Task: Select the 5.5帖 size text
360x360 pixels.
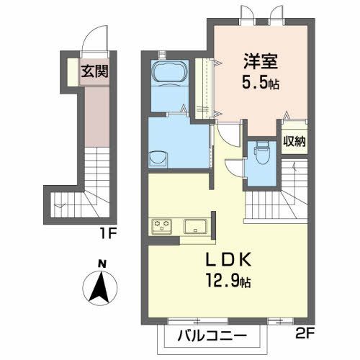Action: click(x=261, y=83)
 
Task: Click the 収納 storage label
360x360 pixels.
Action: click(x=293, y=141)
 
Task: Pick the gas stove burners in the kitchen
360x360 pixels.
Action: click(x=161, y=227)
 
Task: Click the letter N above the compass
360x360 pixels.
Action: click(x=102, y=264)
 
